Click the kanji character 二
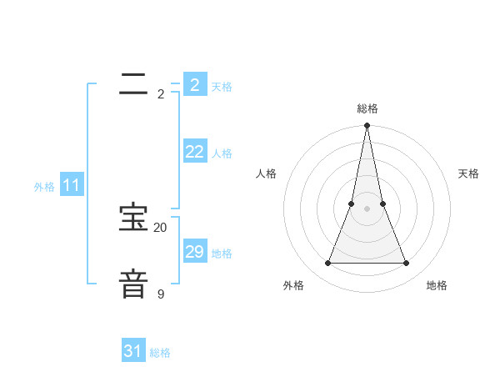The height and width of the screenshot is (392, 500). [133, 82]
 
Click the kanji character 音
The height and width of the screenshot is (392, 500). [133, 283]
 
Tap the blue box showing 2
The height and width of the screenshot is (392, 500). [194, 85]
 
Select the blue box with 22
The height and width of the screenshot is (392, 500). [194, 152]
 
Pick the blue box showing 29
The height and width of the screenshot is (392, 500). [194, 252]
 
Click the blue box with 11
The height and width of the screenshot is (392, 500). [71, 185]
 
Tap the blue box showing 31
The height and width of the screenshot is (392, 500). [132, 351]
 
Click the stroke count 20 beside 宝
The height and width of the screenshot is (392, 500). [160, 228]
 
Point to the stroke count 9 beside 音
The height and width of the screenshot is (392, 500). [160, 294]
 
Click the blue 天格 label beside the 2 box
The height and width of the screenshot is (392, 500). [222, 87]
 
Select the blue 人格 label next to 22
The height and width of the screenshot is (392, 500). [222, 153]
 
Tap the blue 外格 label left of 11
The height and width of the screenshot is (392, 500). [44, 187]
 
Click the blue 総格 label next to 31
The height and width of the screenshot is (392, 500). [160, 353]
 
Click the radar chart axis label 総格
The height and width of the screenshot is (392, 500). [367, 108]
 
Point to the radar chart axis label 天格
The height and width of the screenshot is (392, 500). [468, 173]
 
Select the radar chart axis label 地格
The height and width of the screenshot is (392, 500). [437, 285]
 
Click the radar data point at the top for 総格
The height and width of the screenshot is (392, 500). [367, 126]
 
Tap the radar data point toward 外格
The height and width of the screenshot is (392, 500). [327, 264]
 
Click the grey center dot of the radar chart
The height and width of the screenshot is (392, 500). [367, 209]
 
